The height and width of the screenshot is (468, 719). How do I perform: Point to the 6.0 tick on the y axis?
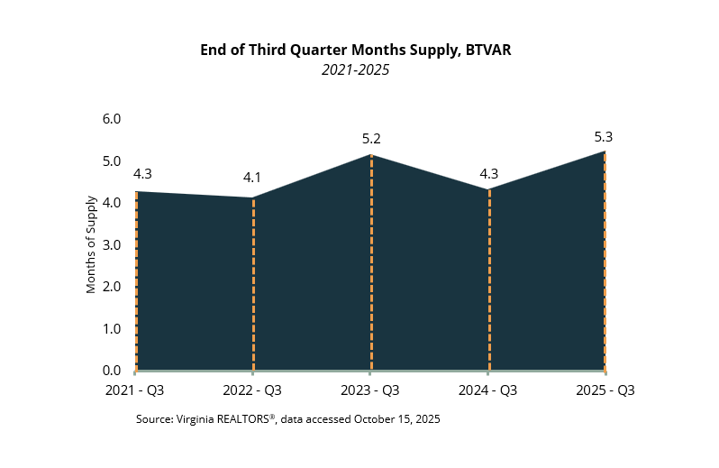point(111,119)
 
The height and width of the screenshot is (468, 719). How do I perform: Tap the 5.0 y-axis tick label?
point(111,161)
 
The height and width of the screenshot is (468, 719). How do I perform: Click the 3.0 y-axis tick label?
point(111,245)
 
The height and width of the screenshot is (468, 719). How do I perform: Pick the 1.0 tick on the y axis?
point(111,329)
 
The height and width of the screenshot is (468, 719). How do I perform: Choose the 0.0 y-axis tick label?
point(111,371)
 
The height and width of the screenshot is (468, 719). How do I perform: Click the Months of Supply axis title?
point(91,245)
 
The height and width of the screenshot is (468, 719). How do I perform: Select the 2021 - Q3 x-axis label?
point(135,390)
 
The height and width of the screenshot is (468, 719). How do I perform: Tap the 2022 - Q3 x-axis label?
point(253,390)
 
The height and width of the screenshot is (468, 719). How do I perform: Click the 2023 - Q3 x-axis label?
point(370,390)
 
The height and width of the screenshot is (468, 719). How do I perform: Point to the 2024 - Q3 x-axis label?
point(488,390)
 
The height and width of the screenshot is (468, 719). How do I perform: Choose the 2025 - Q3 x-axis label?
point(605,390)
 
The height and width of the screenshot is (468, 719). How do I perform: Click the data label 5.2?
point(370,139)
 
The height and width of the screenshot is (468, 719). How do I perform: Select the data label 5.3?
point(604,137)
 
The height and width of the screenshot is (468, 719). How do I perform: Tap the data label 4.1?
point(252,179)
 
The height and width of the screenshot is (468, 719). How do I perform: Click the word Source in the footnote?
point(155,419)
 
